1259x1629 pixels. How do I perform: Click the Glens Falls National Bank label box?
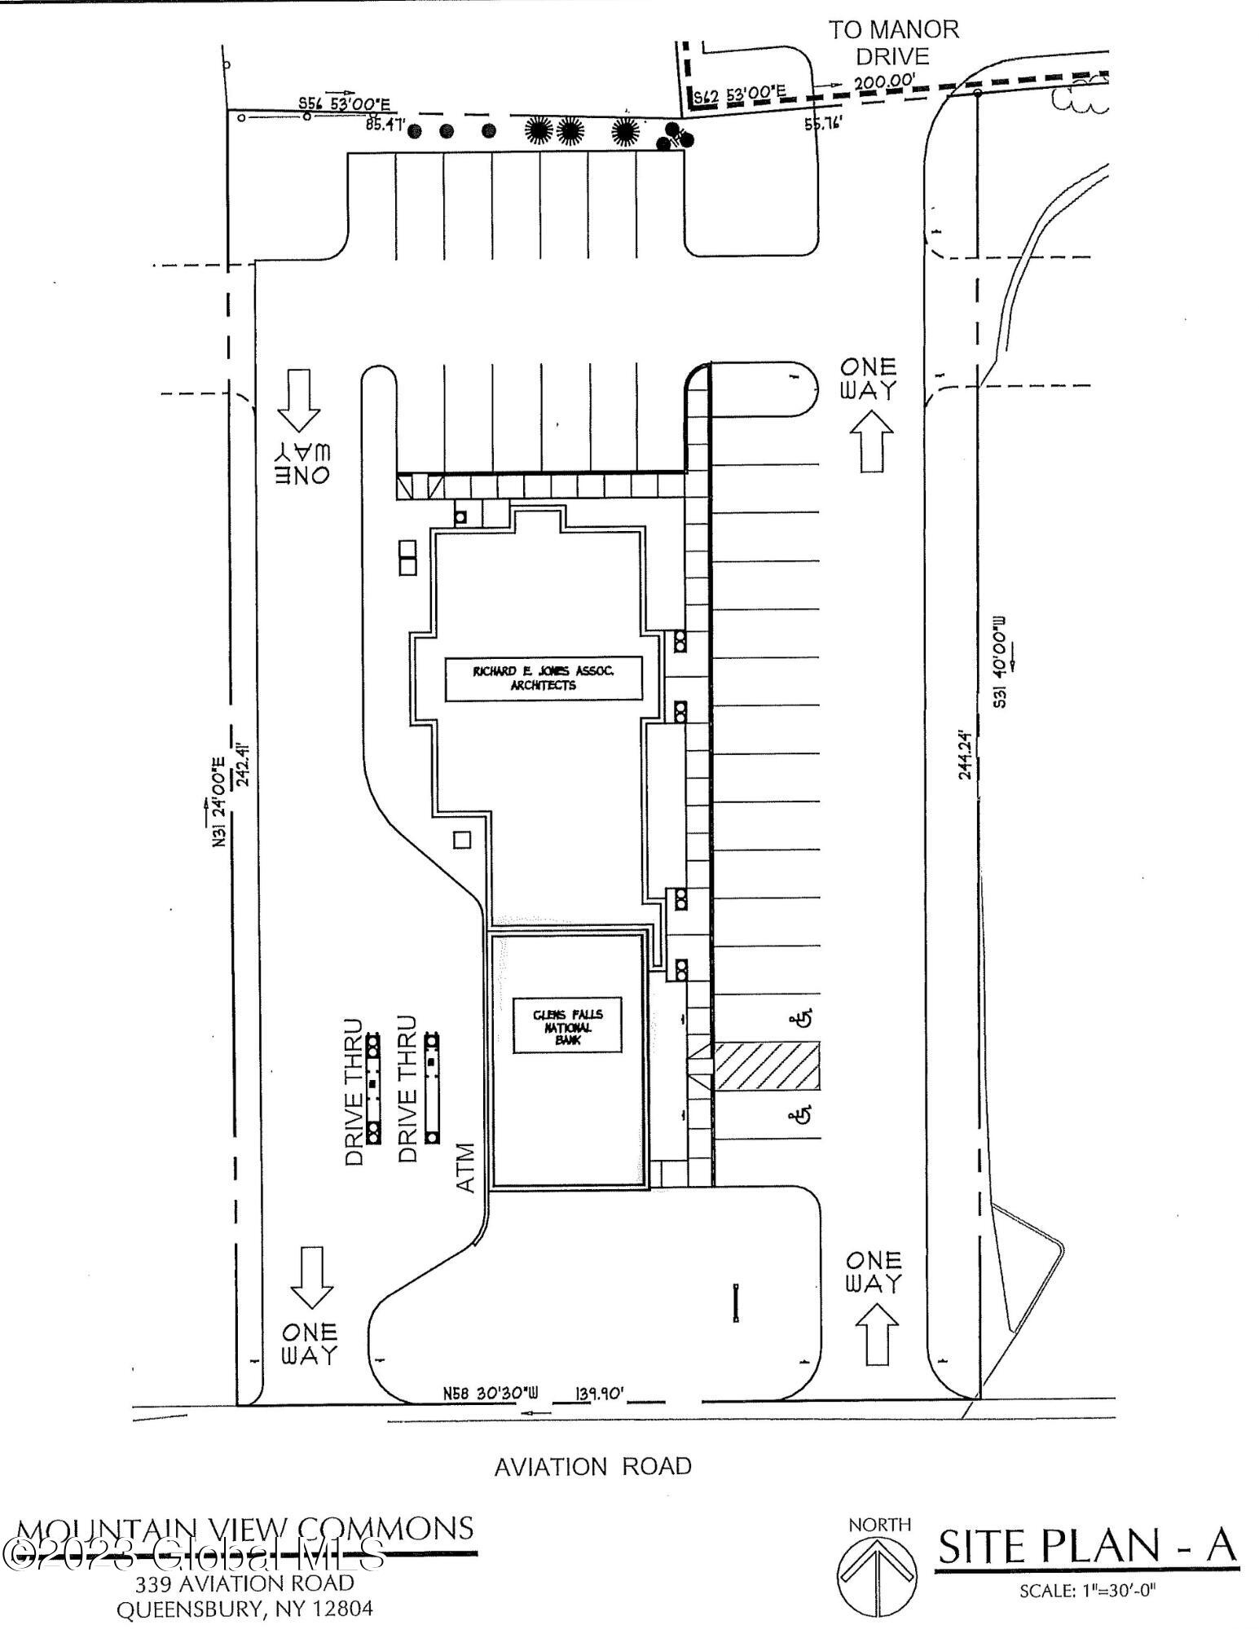pyautogui.click(x=567, y=1026)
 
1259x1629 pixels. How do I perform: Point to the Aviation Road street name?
pyautogui.click(x=593, y=1466)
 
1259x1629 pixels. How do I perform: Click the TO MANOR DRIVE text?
pyautogui.click(x=894, y=42)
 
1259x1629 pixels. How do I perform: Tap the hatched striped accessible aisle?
pyautogui.click(x=766, y=1065)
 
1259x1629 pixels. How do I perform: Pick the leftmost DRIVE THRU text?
pyautogui.click(x=354, y=1091)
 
